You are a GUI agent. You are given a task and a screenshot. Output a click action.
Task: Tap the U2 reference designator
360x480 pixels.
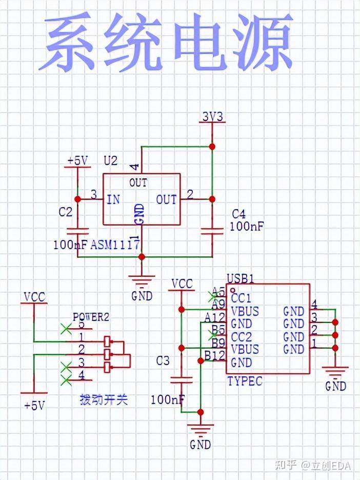110,161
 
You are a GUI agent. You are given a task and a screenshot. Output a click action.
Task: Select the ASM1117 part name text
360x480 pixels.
115,245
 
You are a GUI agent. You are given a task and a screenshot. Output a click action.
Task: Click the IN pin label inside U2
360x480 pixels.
113,199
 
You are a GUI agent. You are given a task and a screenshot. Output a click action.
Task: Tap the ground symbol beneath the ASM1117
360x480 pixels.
142,281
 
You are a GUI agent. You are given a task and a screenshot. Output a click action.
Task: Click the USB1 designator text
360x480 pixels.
241,278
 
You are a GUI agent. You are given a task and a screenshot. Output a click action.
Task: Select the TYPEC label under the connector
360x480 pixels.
245,381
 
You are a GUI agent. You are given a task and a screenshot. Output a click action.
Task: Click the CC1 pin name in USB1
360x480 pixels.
241,298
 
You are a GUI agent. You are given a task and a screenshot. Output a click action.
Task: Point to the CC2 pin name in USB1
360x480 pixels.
241,337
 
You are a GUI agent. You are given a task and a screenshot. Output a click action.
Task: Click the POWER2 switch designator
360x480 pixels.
91,317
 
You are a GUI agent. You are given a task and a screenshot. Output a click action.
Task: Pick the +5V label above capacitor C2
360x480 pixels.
77,161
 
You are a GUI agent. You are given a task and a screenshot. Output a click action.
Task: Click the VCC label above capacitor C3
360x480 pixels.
182,284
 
